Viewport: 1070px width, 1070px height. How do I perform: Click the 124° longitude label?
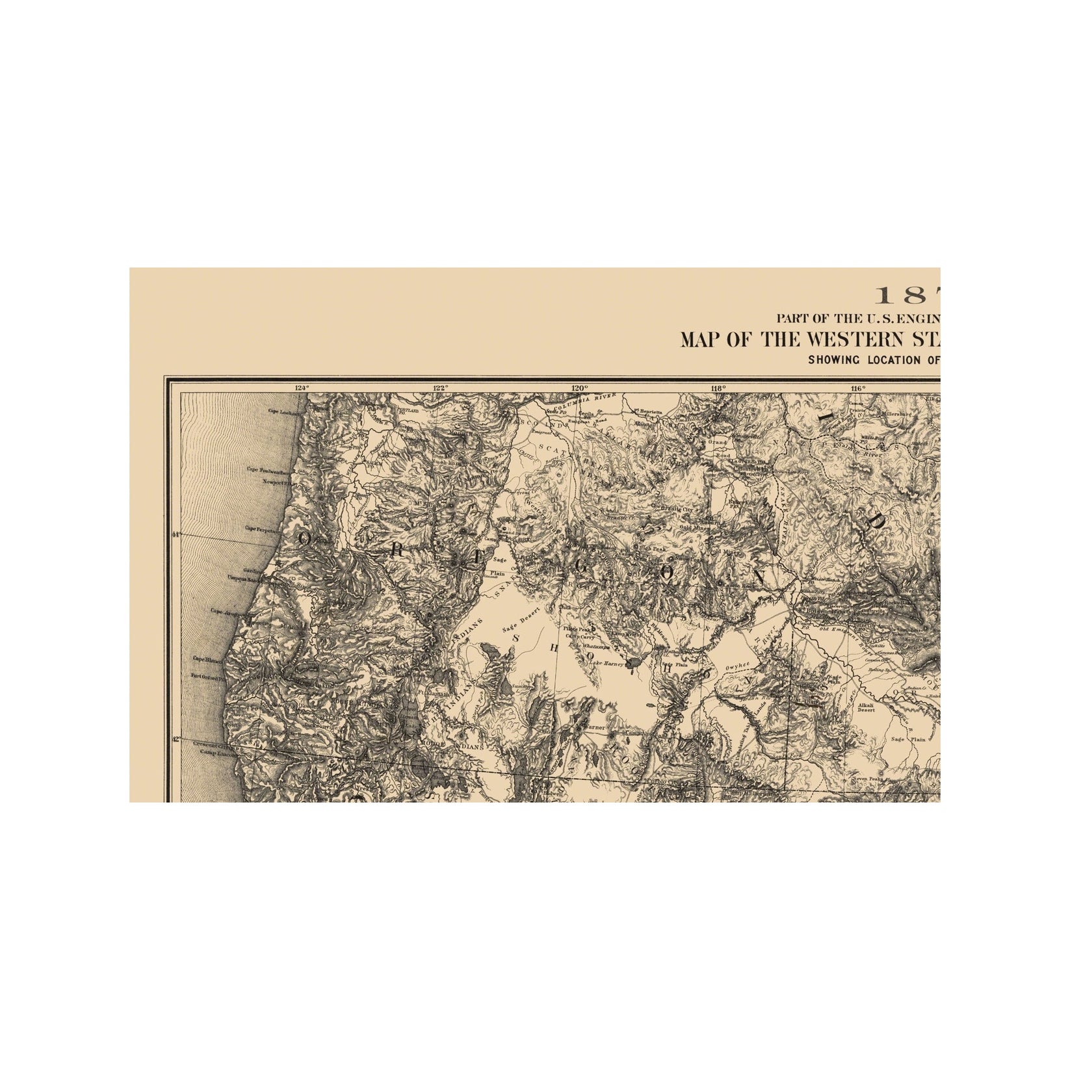(300, 388)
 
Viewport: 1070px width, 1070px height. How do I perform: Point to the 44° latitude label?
(176, 534)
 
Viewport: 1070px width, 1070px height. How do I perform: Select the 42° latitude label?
(176, 738)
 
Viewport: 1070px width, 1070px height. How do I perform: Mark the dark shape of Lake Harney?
(632, 663)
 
